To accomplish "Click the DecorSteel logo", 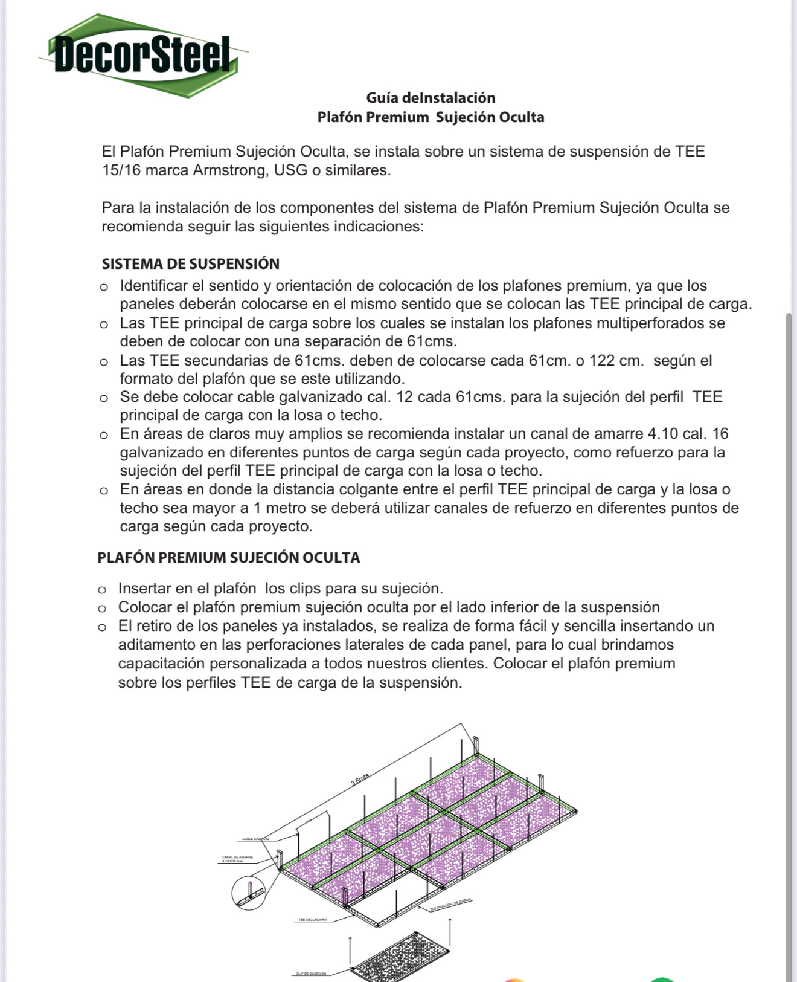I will click(x=142, y=55).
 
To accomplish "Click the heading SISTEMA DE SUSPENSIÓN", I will click(x=190, y=264).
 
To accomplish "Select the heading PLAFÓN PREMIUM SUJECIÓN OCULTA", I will click(x=228, y=557).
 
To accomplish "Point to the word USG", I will click(x=290, y=170).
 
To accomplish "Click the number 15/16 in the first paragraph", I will click(x=121, y=170).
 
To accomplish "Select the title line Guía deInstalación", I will click(x=431, y=98).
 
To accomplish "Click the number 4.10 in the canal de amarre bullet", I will click(x=662, y=434).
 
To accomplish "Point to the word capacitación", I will click(x=162, y=664).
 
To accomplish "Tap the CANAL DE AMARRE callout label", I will click(x=237, y=859).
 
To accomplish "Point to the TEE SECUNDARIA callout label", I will click(x=312, y=920).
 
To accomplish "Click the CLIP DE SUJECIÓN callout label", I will click(x=310, y=974).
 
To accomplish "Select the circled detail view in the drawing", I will click(x=249, y=892).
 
